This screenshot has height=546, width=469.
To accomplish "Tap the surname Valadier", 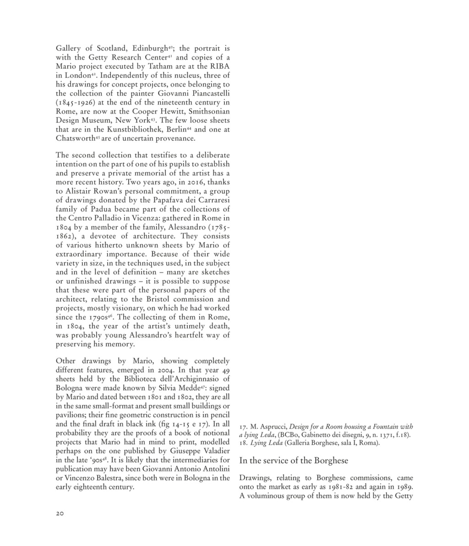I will pos(214,451).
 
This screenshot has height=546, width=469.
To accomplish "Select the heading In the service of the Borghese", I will pos(294,461).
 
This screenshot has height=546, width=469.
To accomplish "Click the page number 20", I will pos(60,514).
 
